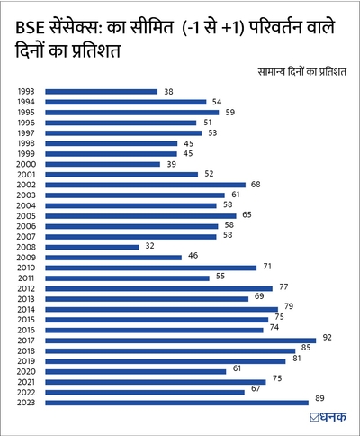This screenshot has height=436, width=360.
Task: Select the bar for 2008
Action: (92, 246)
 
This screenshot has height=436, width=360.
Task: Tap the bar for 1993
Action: (101, 91)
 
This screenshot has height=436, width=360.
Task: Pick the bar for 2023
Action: (176, 403)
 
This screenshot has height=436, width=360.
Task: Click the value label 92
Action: (328, 337)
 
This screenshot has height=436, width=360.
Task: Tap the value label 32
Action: (151, 246)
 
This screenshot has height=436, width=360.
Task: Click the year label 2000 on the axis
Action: (26, 164)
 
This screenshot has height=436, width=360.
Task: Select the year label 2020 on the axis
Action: (26, 371)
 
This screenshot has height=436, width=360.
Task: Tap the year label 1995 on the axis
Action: (26, 113)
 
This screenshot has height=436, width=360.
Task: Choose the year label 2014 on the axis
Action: (26, 309)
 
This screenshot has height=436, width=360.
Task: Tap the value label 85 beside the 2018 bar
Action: (307, 348)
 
